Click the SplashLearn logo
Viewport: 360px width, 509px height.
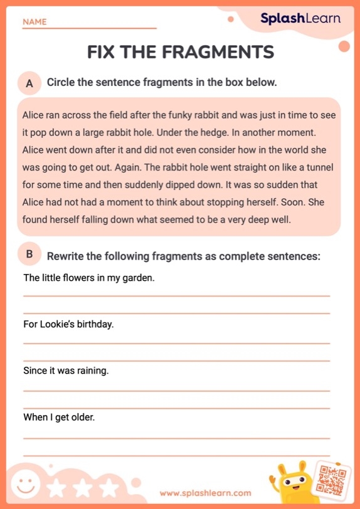point(300,19)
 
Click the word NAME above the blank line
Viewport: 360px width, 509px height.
point(34,22)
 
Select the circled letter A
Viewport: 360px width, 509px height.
point(29,83)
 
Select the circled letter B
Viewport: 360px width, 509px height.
point(29,255)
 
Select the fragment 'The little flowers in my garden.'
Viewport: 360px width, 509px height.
point(88,277)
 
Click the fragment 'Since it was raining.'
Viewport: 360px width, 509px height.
point(66,370)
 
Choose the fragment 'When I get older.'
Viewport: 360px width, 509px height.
point(59,417)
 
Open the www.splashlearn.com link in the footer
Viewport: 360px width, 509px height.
point(205,493)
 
